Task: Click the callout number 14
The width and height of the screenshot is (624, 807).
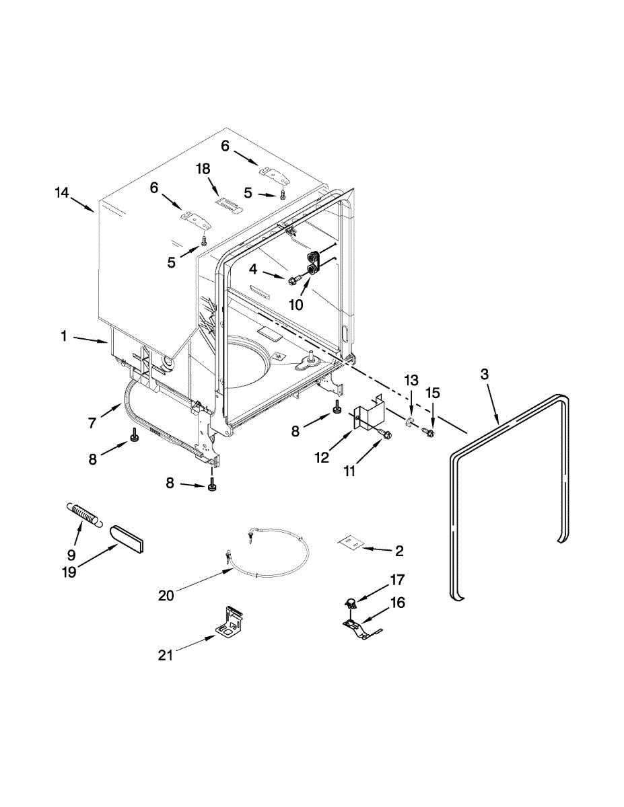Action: tap(61, 193)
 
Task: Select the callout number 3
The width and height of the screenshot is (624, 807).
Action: tap(485, 375)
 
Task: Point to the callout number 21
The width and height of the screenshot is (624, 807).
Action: tap(166, 654)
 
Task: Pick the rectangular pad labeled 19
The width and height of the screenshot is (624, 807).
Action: tap(129, 539)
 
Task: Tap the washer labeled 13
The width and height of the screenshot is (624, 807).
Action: tap(409, 423)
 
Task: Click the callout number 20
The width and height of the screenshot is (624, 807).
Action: tap(166, 595)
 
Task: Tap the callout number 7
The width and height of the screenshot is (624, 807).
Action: tap(92, 423)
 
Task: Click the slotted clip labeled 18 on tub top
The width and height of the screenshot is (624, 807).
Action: tap(228, 204)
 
